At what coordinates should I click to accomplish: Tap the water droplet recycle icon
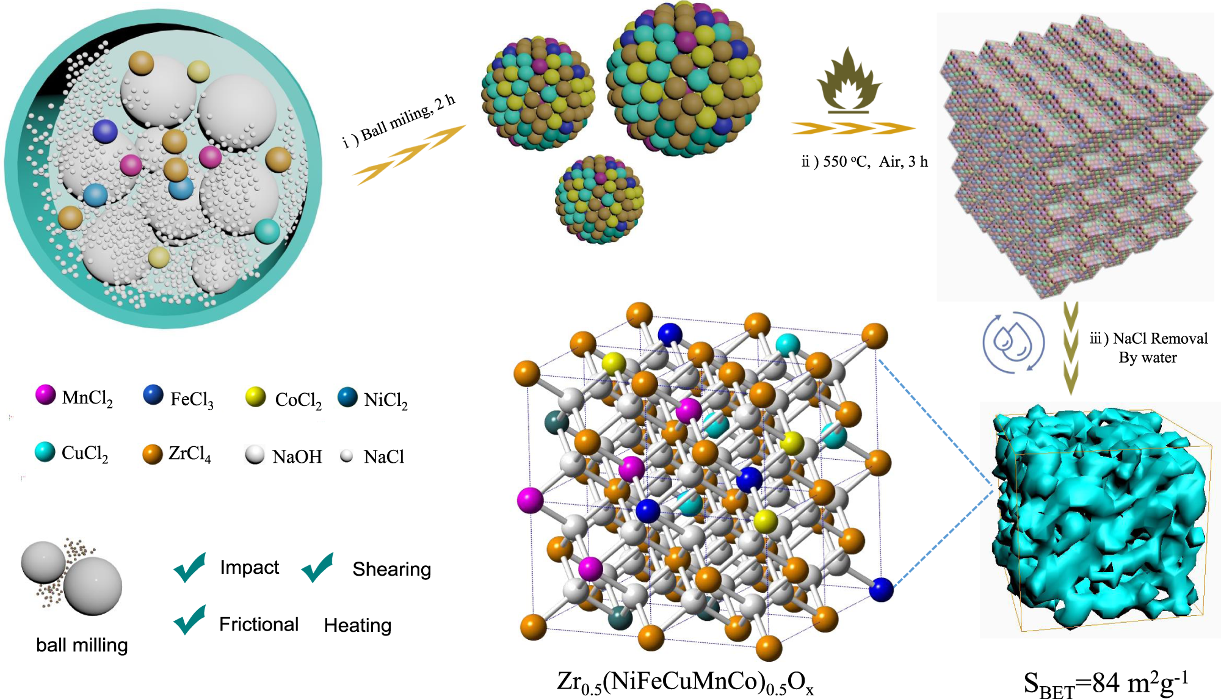point(1013,342)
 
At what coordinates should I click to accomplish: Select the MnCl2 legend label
point(87,398)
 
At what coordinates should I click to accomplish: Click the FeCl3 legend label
point(192,399)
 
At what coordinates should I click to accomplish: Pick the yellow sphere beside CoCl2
point(255,397)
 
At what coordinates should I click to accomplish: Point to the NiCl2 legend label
point(386,400)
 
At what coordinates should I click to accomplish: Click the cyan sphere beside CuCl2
point(45,452)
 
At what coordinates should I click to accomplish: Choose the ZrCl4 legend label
point(190,454)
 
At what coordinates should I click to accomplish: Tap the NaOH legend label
point(297,457)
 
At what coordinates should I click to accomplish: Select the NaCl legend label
point(384,457)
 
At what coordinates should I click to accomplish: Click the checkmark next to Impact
point(190,567)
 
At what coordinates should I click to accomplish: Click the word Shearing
point(391,569)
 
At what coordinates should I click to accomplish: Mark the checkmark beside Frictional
point(190,620)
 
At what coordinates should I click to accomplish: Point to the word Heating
point(358,625)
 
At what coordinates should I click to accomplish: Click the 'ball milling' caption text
point(82,645)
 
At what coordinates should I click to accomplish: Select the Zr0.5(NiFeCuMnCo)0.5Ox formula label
point(685,683)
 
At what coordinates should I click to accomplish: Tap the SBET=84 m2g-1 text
point(1106,684)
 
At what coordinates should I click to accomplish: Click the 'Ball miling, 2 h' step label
point(399,121)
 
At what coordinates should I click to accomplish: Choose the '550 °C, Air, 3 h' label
point(864,162)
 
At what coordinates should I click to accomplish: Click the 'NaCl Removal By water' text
point(1148,347)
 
